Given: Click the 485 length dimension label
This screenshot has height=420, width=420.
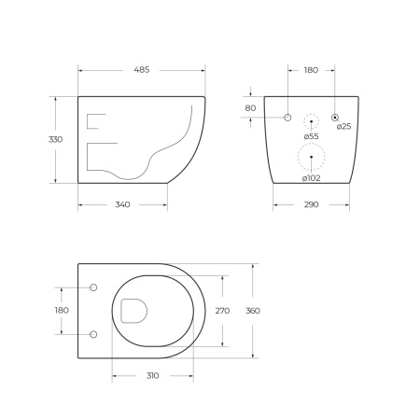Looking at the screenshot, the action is click(142, 70).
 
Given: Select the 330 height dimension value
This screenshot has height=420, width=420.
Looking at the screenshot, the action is click(55, 139).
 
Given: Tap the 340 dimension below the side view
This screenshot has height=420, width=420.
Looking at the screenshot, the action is click(122, 204).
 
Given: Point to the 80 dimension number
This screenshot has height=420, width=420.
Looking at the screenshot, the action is click(250, 108).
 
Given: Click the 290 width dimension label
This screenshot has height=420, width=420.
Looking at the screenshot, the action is click(311, 204).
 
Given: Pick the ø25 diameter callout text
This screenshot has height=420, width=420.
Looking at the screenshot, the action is click(343, 126).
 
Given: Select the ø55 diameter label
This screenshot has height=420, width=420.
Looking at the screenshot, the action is click(312, 136).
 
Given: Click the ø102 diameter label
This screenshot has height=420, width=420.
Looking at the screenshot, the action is click(311, 178).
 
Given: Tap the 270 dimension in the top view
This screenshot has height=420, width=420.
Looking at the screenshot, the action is click(222, 311).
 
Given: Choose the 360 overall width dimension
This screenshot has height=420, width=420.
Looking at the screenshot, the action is click(253, 311).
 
